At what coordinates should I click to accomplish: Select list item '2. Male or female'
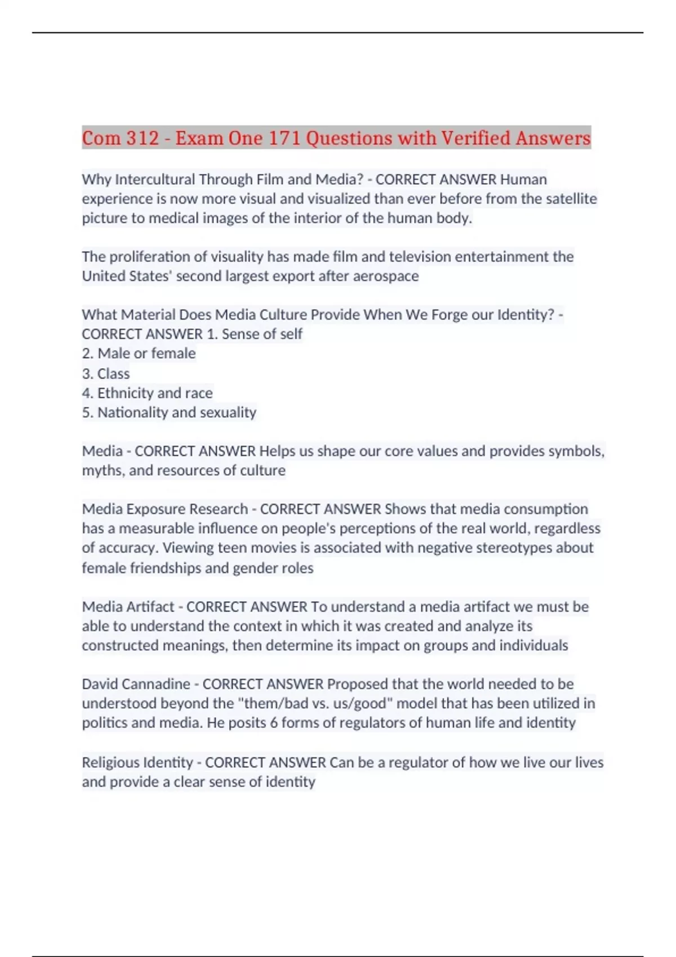pyautogui.click(x=139, y=354)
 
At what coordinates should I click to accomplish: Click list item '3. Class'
pyautogui.click(x=106, y=374)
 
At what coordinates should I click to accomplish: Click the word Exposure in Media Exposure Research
pyautogui.click(x=156, y=509)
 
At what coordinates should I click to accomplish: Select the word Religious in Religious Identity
pyautogui.click(x=109, y=763)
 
